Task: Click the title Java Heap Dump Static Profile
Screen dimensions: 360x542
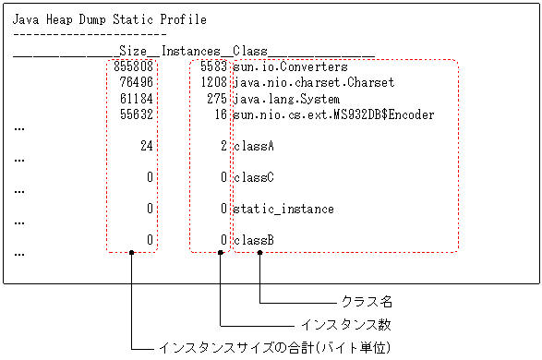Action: click(x=109, y=18)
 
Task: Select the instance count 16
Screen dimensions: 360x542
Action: click(x=221, y=114)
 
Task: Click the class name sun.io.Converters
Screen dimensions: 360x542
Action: click(x=290, y=67)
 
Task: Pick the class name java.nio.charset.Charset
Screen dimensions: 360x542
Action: click(x=313, y=83)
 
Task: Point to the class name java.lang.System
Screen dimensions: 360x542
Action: click(x=286, y=99)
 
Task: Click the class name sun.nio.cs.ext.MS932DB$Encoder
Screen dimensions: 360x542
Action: click(x=332, y=114)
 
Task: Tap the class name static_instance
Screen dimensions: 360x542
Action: click(x=283, y=209)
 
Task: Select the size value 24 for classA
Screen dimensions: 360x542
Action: click(x=146, y=146)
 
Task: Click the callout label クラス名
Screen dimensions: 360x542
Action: click(x=367, y=302)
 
